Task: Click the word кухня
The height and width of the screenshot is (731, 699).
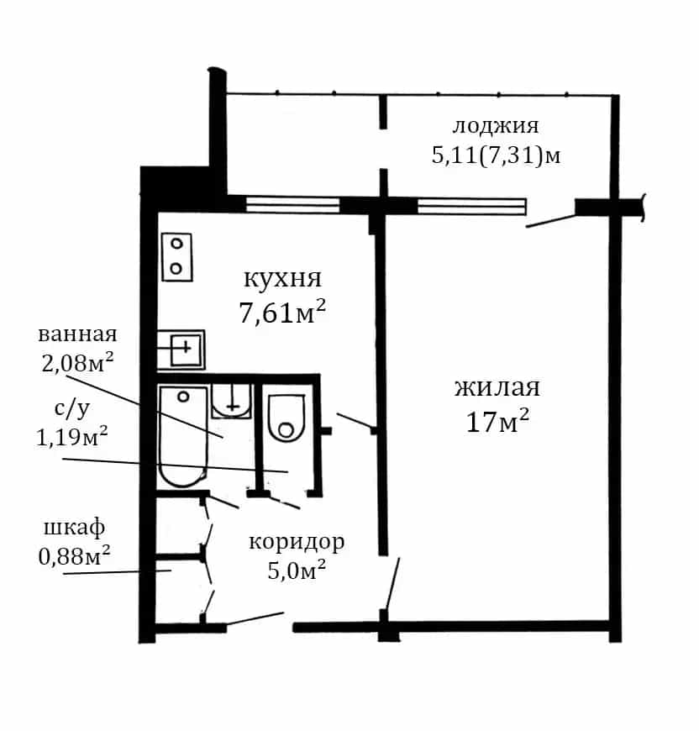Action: point(282,279)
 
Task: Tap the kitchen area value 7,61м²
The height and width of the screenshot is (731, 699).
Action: point(282,312)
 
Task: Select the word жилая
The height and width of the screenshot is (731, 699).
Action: point(497,387)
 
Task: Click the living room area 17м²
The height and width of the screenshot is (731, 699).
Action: point(497,422)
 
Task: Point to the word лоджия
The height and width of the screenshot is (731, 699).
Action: point(496,126)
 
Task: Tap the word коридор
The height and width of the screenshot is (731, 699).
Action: point(297,542)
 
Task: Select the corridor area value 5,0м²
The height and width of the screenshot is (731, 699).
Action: point(297,570)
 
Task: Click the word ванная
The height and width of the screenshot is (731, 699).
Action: point(77,334)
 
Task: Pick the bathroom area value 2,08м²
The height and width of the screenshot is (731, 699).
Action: point(77,362)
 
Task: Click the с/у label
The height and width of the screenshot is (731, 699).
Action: point(72,408)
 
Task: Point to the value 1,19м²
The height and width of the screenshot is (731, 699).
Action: point(72,436)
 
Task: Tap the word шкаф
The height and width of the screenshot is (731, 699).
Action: point(75,529)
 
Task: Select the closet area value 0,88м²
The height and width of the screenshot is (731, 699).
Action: point(75,555)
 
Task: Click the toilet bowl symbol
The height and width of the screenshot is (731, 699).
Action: point(286,418)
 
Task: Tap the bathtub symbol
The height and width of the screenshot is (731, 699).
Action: point(182,437)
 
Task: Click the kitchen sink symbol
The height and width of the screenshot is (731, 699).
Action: point(181,350)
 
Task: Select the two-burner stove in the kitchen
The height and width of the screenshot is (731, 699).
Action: point(177,257)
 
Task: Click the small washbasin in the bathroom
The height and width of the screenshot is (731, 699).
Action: point(232,401)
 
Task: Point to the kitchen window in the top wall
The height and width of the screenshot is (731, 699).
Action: point(292,205)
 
